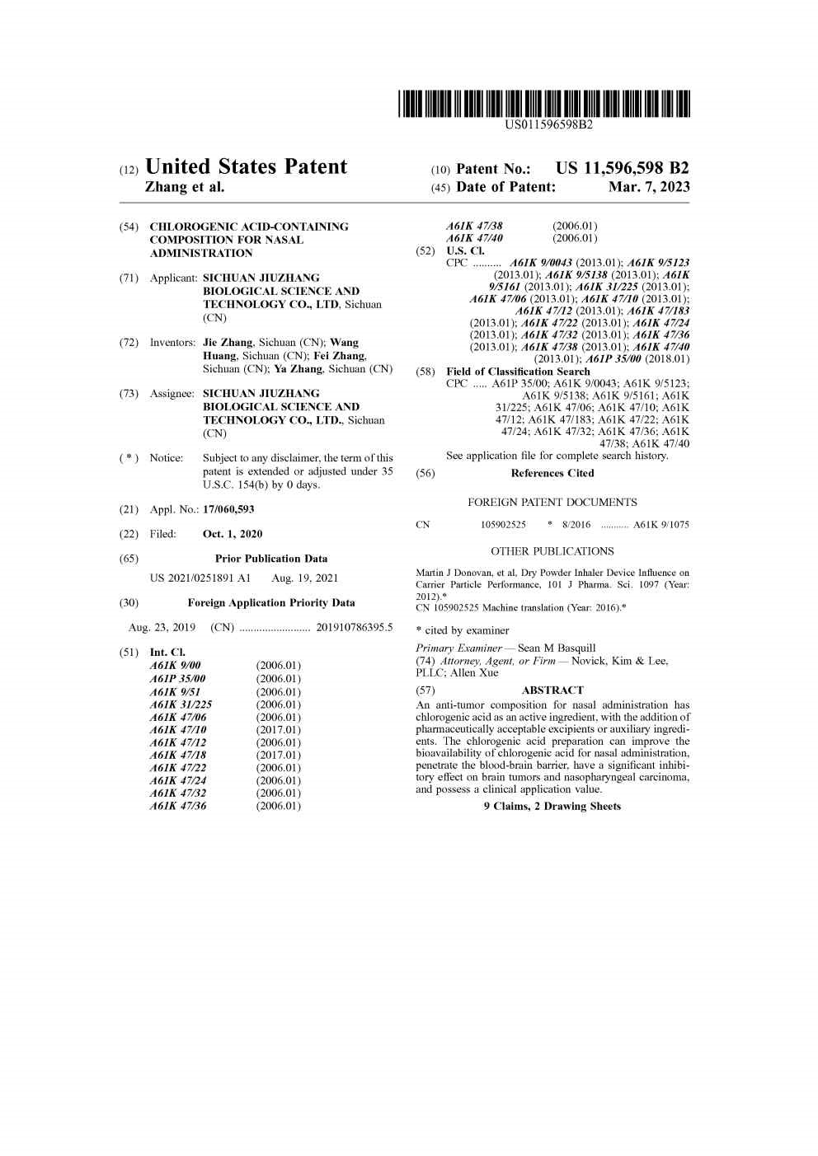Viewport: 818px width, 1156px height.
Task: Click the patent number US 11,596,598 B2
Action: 623,168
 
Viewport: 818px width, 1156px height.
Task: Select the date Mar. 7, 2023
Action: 649,187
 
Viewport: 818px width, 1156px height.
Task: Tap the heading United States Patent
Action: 246,167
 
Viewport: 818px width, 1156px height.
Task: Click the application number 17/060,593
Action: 228,510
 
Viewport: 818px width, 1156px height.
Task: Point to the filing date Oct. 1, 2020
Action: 233,534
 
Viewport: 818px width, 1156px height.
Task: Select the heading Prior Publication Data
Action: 271,559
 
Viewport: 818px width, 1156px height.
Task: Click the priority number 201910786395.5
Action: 355,628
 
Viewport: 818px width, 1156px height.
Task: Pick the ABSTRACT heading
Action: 552,690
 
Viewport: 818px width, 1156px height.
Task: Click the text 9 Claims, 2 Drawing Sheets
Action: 552,807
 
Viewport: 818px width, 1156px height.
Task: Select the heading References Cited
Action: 552,473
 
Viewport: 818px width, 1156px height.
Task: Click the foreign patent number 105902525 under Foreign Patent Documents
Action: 503,525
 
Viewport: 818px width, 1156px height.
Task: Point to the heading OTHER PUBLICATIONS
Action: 552,551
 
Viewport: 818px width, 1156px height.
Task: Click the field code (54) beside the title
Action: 129,227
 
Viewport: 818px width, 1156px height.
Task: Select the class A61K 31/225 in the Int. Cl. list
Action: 181,704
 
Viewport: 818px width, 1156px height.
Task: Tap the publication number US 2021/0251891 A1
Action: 200,578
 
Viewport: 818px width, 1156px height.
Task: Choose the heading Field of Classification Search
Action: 518,372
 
